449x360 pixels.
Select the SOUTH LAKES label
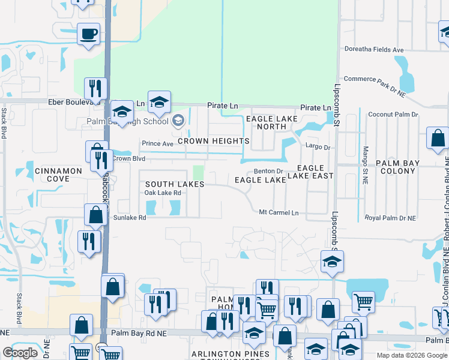pyautogui.click(x=175, y=184)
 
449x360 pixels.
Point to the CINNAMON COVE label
pyautogui.click(x=58, y=175)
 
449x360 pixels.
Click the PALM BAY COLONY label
pyautogui.click(x=404, y=167)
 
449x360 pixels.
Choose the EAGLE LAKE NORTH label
pyautogui.click(x=271, y=122)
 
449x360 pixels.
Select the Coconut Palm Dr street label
pyautogui.click(x=393, y=114)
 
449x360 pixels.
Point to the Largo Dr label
pyautogui.click(x=318, y=146)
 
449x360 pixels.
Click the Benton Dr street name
pyautogui.click(x=268, y=171)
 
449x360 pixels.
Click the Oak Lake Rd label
pyautogui.click(x=162, y=193)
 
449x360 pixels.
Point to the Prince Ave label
pyautogui.click(x=157, y=143)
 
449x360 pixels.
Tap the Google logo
pyautogui.click(x=20, y=353)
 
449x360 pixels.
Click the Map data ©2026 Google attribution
pyautogui.click(x=412, y=355)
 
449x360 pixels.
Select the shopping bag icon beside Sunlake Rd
pyautogui.click(x=96, y=215)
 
